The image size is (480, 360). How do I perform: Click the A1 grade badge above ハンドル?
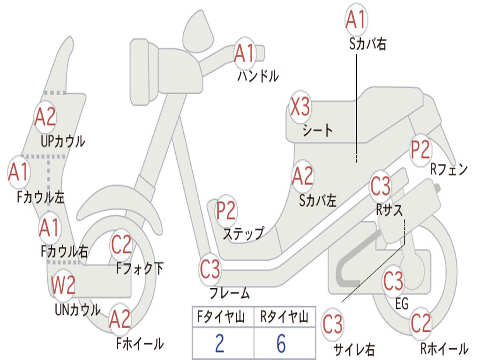coord(244,53)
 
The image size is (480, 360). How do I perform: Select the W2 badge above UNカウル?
coord(63,285)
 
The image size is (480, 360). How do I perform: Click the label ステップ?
coord(243,233)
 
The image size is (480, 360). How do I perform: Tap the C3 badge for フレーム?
coord(210,270)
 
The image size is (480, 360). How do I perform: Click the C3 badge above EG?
coord(393,281)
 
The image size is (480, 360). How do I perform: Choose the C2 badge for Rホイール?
coord(420,323)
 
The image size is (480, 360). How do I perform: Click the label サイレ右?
coord(354,349)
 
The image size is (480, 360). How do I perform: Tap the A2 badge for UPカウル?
coord(45,117)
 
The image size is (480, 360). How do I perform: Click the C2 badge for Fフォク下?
coord(121,245)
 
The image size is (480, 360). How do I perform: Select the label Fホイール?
coord(140,344)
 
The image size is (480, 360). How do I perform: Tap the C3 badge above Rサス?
coord(380,186)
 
